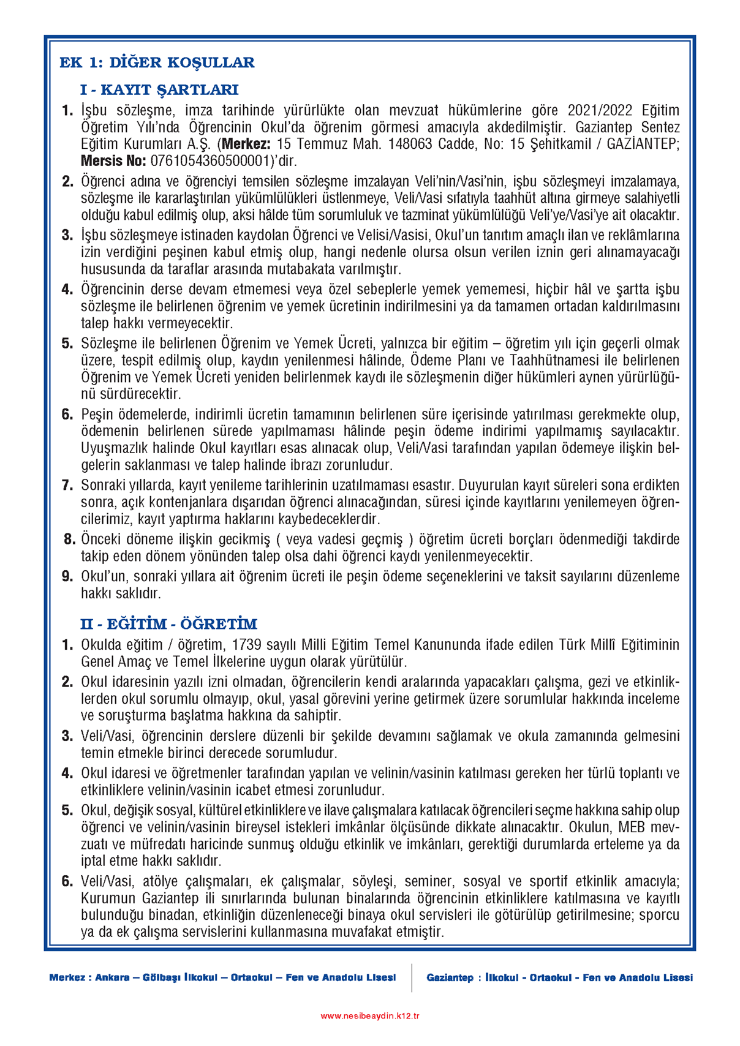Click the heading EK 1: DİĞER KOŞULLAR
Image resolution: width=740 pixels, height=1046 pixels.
(157, 62)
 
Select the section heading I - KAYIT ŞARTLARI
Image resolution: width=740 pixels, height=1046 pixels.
(159, 90)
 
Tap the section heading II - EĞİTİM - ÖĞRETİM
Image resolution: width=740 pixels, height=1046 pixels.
(168, 624)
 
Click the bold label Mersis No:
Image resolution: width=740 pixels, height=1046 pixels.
(113, 162)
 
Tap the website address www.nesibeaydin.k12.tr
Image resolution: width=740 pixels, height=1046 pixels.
(370, 1016)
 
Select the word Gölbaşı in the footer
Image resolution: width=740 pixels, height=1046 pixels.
(161, 977)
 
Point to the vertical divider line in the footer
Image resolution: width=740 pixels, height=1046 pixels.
(412, 977)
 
